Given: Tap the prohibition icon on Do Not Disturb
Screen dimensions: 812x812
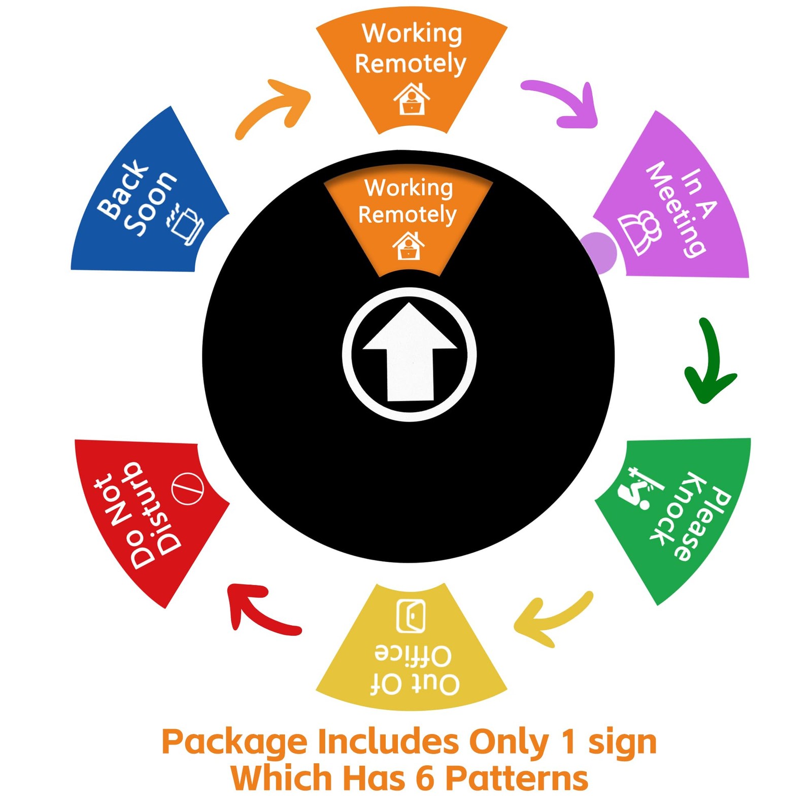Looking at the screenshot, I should (187, 489).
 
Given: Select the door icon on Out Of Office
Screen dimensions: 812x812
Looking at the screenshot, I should (410, 615).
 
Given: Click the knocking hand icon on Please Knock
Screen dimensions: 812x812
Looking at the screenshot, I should (637, 488).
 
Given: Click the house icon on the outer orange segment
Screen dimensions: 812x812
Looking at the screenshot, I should (412, 99).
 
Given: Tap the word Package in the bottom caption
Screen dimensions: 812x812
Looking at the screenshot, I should (234, 742).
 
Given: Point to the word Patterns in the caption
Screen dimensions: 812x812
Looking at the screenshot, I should (517, 778).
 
